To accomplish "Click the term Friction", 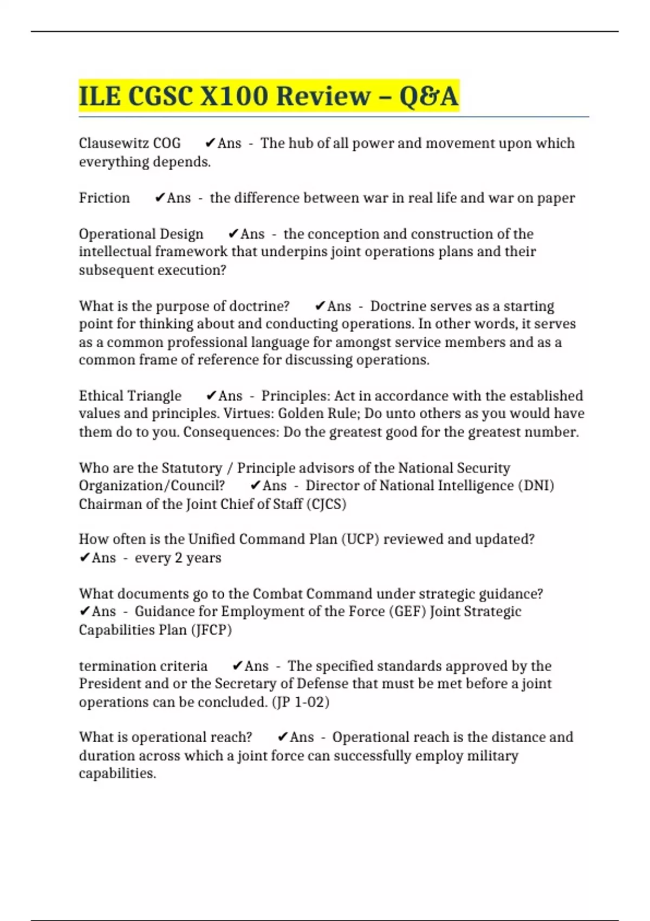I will [x=104, y=198].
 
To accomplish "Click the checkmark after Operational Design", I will [x=233, y=234].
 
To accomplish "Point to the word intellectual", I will [x=115, y=251].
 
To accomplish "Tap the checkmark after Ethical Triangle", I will [x=211, y=396].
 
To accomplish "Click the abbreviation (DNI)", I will [x=536, y=485].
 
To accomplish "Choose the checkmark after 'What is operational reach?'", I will [x=282, y=737].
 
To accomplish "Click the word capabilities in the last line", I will [x=117, y=773].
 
